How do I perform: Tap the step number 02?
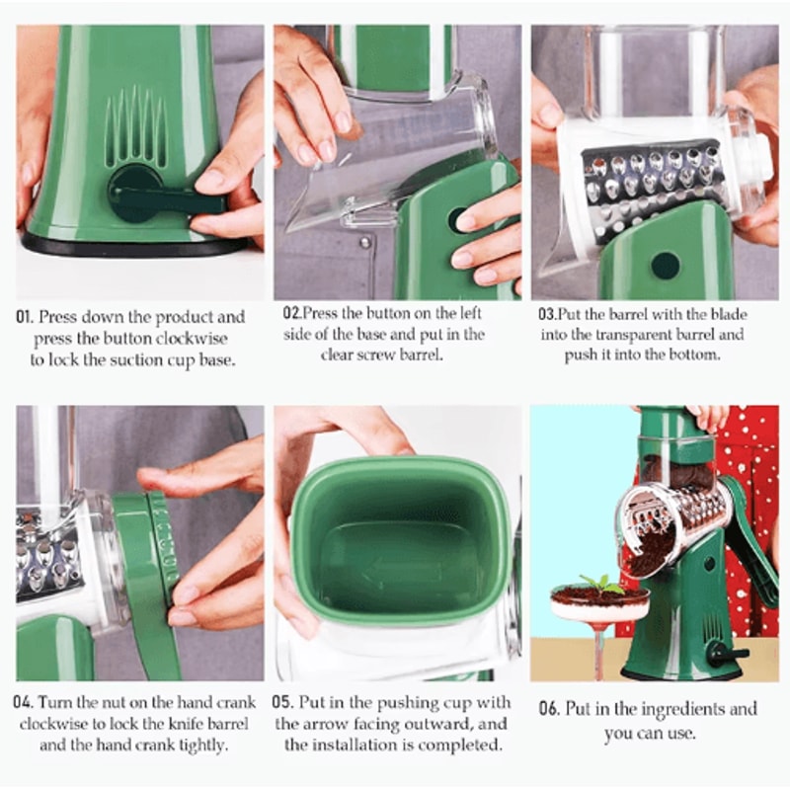click(291, 313)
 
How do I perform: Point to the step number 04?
click(25, 703)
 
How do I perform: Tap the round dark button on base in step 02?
click(457, 219)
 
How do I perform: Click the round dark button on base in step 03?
click(665, 265)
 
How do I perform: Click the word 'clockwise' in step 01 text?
click(206, 339)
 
